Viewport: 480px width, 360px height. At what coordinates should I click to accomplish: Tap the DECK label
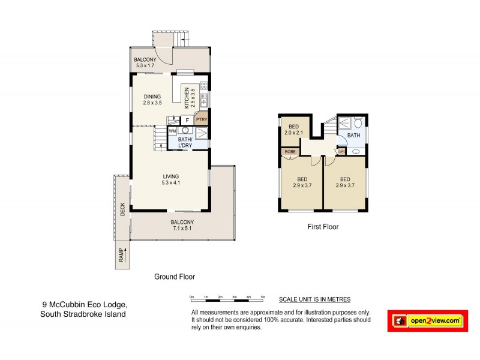122,209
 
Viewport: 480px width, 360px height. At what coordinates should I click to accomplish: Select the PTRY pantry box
202,119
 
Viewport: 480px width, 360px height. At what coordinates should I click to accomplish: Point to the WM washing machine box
172,130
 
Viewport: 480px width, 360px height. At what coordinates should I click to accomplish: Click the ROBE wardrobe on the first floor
290,152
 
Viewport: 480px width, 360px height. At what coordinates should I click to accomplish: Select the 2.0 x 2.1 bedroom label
294,130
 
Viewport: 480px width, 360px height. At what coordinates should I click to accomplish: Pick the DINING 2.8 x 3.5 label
152,99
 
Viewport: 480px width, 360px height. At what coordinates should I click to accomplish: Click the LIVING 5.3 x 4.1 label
170,179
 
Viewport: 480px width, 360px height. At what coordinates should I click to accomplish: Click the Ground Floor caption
175,277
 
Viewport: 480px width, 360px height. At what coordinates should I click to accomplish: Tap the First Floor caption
323,227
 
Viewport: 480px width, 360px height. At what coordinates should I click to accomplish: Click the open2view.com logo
427,321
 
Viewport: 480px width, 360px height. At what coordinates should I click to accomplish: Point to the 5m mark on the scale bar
263,298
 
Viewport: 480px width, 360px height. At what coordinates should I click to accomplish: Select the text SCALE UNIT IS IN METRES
314,299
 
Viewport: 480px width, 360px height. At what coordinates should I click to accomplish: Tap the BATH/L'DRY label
189,143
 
